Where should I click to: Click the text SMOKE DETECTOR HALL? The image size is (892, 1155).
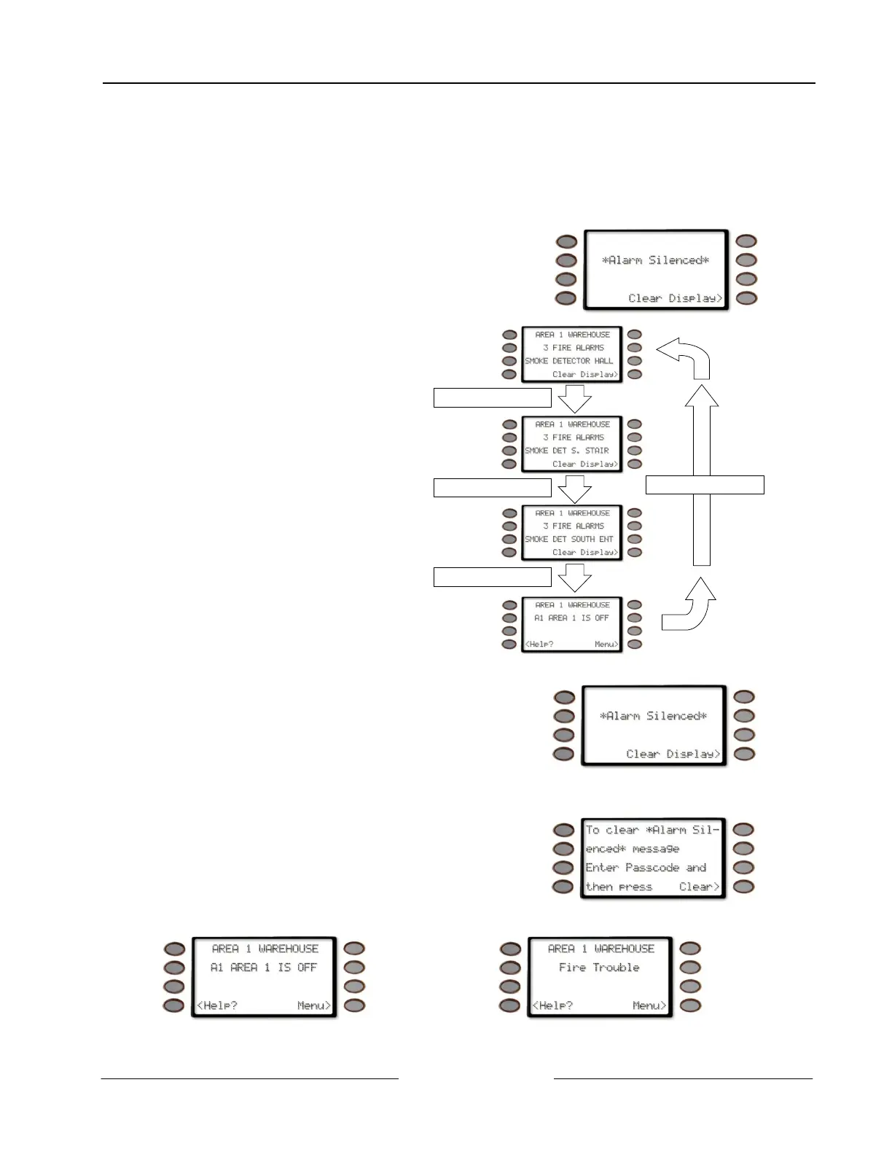coord(569,361)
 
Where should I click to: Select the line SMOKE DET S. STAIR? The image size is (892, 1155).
coord(567,451)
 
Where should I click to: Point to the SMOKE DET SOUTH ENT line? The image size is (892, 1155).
coord(569,540)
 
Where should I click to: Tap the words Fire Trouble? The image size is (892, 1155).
coord(599,968)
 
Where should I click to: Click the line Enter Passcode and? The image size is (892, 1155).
coord(646,868)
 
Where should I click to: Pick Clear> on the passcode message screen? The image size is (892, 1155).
coord(699,887)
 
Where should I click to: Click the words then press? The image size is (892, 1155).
coord(619,887)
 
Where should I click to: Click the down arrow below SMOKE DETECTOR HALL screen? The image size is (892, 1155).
coord(574,399)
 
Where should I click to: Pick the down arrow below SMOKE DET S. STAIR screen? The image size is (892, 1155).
coord(574,489)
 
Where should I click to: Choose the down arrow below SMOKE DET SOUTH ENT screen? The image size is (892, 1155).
coord(574,578)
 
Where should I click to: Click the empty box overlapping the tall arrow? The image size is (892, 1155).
coord(705,485)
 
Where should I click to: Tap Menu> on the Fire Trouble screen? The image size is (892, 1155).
coord(649,1006)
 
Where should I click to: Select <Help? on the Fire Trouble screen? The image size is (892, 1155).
coord(552,1006)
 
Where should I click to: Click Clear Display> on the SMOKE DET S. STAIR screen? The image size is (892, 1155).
coord(585,464)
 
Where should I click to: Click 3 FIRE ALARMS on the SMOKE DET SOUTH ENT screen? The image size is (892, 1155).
coord(573,526)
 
